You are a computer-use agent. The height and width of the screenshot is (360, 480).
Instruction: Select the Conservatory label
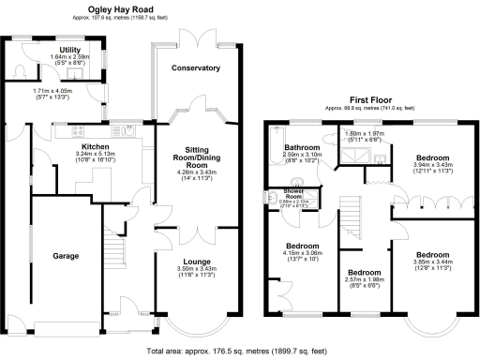coord(196,68)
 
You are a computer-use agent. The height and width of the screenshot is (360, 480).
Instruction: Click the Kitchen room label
coord(97,147)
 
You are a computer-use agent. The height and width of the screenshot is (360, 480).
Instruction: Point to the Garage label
coord(65,255)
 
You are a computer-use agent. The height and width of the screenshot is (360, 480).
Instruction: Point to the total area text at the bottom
coord(238,351)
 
